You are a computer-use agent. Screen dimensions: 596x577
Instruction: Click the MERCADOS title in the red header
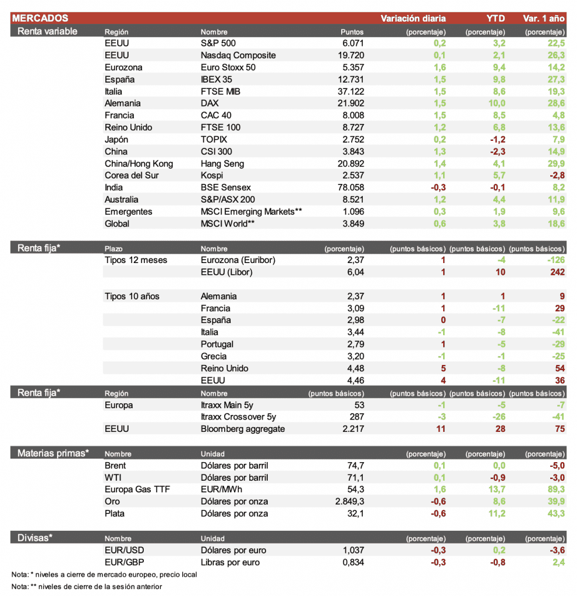40,19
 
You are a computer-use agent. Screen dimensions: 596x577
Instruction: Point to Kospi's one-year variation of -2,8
556,175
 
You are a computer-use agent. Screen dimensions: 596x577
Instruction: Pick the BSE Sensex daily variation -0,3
437,187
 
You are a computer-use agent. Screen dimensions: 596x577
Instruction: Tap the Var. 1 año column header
544,19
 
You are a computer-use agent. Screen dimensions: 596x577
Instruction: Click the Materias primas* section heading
53,452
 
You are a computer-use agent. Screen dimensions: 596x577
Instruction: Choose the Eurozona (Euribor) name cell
238,260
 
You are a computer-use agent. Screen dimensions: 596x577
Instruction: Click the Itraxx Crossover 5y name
238,417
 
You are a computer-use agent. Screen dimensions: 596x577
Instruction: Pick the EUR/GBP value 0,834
353,562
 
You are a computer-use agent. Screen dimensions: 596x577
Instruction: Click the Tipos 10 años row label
132,296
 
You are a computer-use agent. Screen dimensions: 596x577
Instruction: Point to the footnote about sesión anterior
87,586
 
